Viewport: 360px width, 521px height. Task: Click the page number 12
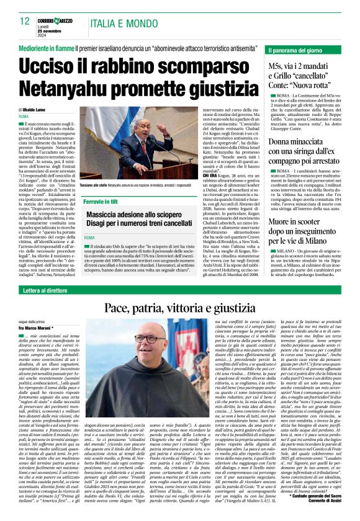click(24, 20)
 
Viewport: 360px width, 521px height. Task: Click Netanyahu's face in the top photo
click(133, 132)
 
